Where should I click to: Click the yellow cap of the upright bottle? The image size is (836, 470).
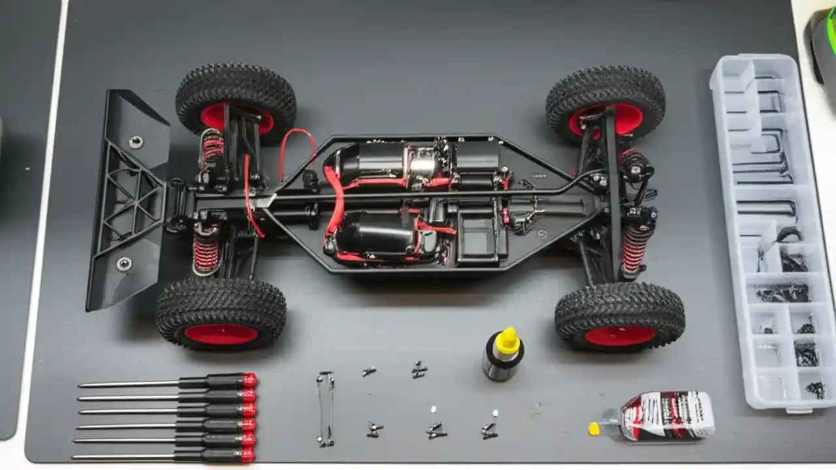tap(507, 340)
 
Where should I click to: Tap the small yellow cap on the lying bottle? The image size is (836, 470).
tap(594, 429)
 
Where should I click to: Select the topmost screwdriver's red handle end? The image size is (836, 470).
tap(249, 380)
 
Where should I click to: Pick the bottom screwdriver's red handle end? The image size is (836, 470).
tap(248, 455)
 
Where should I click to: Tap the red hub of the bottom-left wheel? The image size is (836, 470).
tap(221, 334)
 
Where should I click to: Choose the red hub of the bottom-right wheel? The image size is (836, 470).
tap(620, 336)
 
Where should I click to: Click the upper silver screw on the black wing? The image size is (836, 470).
tap(136, 142)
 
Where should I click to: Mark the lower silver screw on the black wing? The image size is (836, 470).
tap(123, 264)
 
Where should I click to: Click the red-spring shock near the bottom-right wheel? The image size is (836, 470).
tap(634, 247)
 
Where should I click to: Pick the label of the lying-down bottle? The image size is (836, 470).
tap(666, 415)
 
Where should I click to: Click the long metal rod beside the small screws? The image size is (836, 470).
tap(325, 409)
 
